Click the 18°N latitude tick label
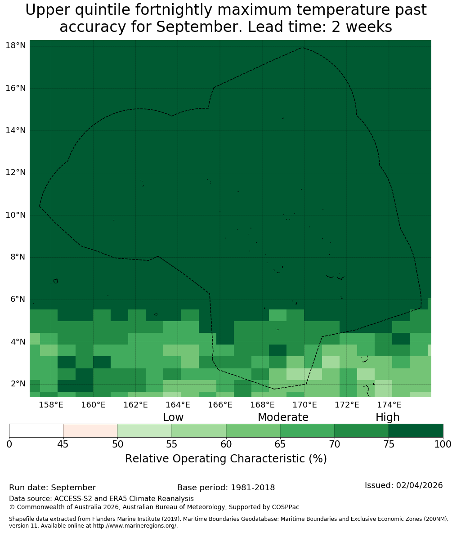pyautogui.click(x=16, y=45)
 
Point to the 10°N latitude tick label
pyautogui.click(x=16, y=215)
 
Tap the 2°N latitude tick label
pyautogui.click(x=18, y=384)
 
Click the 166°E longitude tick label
pyautogui.click(x=220, y=405)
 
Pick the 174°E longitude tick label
pyautogui.click(x=389, y=405)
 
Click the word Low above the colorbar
pyautogui.click(x=173, y=417)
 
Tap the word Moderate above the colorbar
pyautogui.click(x=283, y=417)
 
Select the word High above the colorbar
pyautogui.click(x=387, y=417)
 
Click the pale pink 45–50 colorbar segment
pyautogui.click(x=90, y=431)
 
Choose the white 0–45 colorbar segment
pyautogui.click(x=36, y=431)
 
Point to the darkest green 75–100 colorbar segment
pyautogui.click(x=416, y=431)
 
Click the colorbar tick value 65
pyautogui.click(x=280, y=444)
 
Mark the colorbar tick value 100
pyautogui.click(x=443, y=444)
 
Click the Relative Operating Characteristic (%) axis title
pyautogui.click(x=226, y=458)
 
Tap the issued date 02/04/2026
pyautogui.click(x=420, y=485)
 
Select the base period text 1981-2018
pyautogui.click(x=253, y=488)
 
